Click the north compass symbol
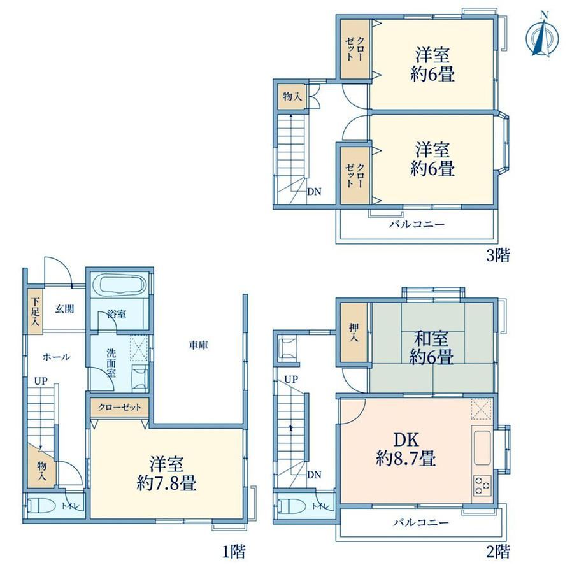pyautogui.click(x=542, y=36)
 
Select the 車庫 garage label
pyautogui.click(x=198, y=345)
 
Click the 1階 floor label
pyautogui.click(x=234, y=551)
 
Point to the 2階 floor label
pyautogui.click(x=498, y=551)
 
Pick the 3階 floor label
pyautogui.click(x=498, y=255)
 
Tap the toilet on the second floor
pyautogui.click(x=290, y=506)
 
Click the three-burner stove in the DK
pyautogui.click(x=482, y=486)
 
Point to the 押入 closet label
pyautogui.click(x=354, y=333)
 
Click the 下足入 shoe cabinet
pyautogui.click(x=36, y=311)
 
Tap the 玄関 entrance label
pyautogui.click(x=65, y=309)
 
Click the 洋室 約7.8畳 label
pyautogui.click(x=167, y=473)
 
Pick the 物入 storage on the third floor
pyautogui.click(x=292, y=97)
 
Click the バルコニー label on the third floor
pyautogui.click(x=417, y=224)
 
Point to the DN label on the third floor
pyautogui.click(x=314, y=191)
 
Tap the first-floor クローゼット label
pyautogui.click(x=120, y=407)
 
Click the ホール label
pyautogui.click(x=56, y=357)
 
